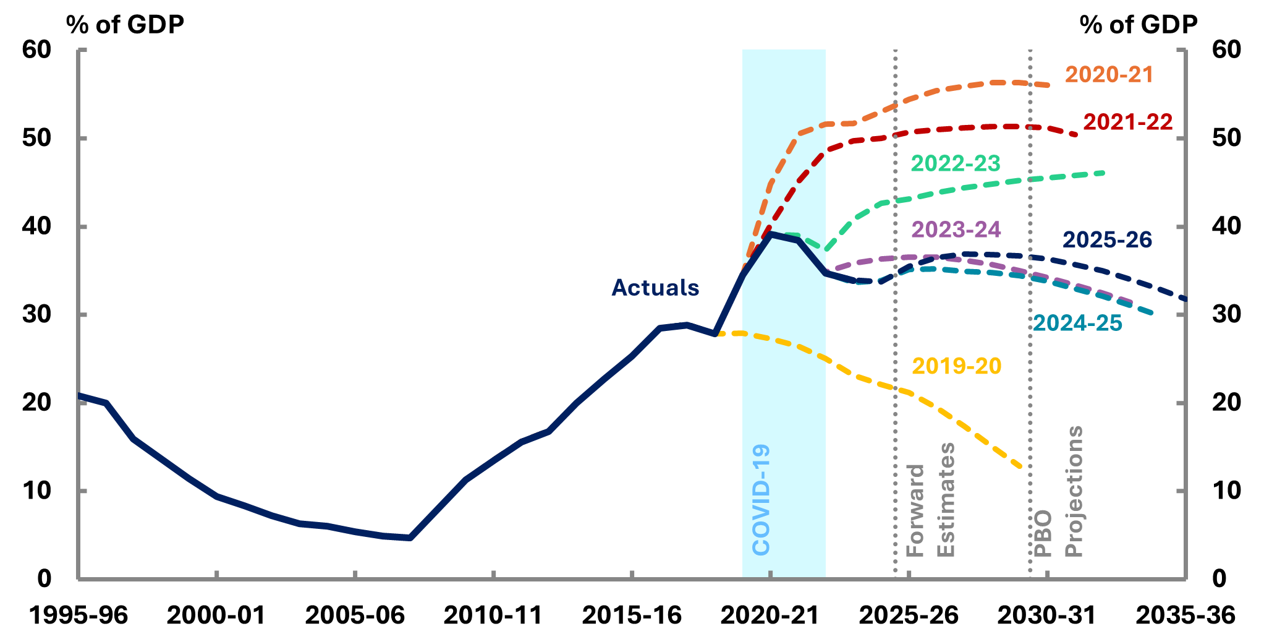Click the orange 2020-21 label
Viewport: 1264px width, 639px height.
tap(1109, 75)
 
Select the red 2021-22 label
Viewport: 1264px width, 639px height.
tap(1127, 122)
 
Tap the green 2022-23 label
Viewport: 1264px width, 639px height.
tap(955, 163)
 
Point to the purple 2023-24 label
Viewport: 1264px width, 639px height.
tap(956, 229)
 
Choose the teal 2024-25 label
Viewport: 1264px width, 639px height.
tap(1077, 323)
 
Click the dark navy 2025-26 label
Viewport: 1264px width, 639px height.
tap(1107, 240)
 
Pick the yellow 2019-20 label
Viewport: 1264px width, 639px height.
tap(956, 366)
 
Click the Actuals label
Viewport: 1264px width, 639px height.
tap(655, 288)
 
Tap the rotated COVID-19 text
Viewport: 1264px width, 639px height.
tap(761, 499)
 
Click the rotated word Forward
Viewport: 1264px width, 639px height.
tap(915, 510)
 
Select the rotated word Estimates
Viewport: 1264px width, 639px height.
tap(946, 499)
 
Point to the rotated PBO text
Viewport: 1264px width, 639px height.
tap(1043, 533)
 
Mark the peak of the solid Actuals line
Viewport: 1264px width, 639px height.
tap(771, 234)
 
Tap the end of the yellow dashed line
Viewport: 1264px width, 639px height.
tap(1020, 467)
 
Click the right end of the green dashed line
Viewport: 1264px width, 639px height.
tap(1104, 173)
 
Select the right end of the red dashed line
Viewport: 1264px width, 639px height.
tap(1077, 134)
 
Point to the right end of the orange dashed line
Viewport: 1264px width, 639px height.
tap(1049, 85)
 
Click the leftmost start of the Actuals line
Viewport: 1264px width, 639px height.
tap(79, 395)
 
